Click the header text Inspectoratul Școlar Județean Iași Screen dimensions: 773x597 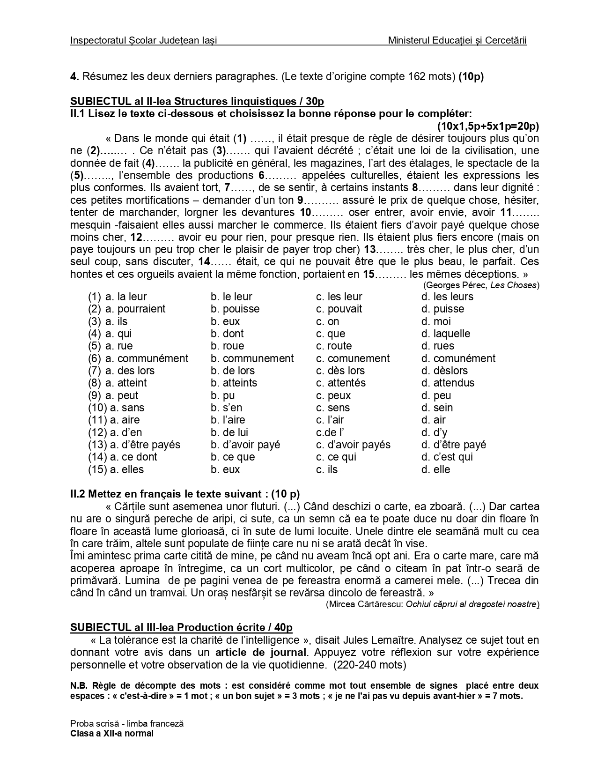click(143, 41)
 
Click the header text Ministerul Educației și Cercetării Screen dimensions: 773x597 click(457, 41)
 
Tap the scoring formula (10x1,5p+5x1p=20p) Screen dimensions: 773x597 click(488, 126)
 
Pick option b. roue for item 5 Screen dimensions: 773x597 click(227, 346)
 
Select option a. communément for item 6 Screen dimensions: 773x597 click(147, 358)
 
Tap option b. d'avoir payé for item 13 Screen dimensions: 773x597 click(245, 445)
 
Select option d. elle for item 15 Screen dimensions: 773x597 click(435, 469)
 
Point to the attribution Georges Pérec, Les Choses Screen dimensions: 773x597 click(481, 285)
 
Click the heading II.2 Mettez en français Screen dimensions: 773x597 click(184, 494)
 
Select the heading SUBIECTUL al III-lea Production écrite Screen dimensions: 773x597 click(181, 628)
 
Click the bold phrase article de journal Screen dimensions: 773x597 click(260, 652)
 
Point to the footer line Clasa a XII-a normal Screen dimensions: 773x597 click(112, 734)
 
